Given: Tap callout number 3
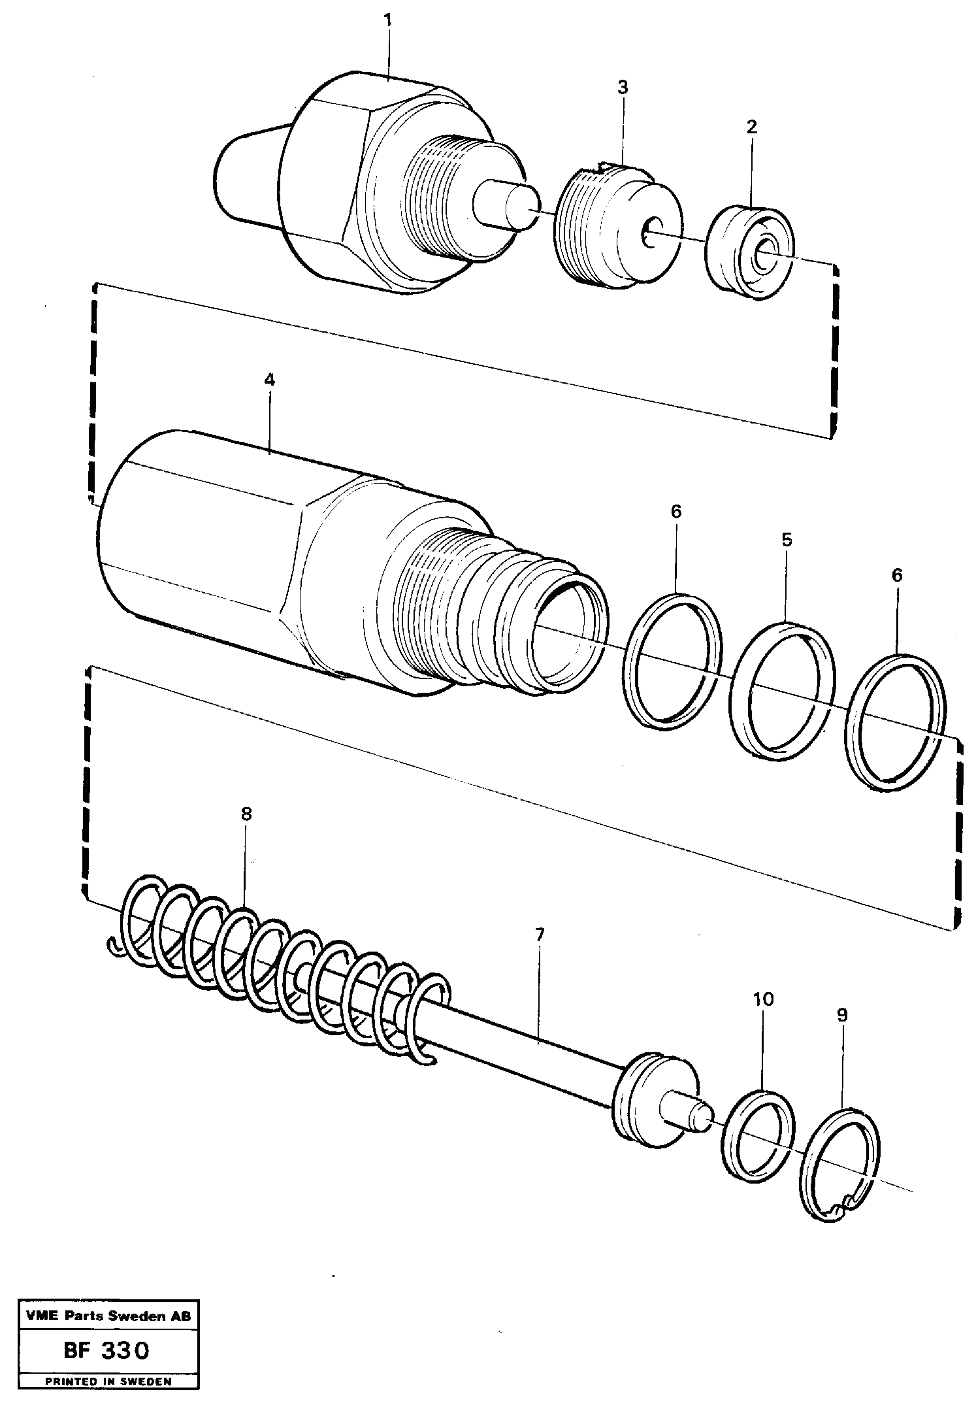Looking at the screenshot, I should click(623, 87).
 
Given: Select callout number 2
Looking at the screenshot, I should click(751, 127).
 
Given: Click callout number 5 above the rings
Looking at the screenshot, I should click(787, 540).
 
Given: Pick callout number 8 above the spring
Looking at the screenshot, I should click(246, 814).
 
